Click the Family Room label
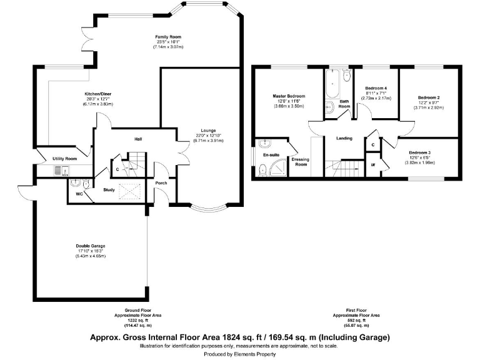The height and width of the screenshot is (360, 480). pos(164,37)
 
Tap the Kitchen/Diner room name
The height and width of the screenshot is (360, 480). pos(97,94)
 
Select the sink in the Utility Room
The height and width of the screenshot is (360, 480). pos(61,169)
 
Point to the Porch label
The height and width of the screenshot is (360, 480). pos(161,182)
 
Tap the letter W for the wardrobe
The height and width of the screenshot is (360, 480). pos(372,165)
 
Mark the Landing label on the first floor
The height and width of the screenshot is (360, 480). pos(344,138)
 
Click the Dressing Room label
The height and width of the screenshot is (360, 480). pos(301,161)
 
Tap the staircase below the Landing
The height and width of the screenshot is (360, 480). pos(344,167)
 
